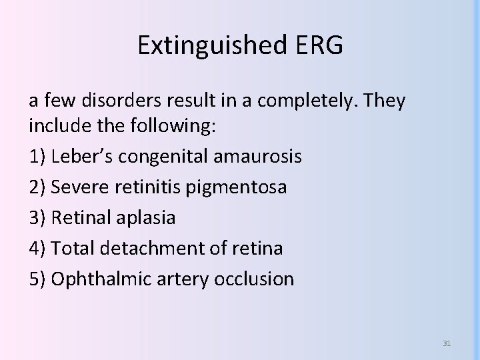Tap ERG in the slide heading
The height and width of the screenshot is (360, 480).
coord(319,45)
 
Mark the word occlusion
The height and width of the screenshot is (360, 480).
coord(254,279)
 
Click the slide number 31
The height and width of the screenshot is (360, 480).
coord(447,343)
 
